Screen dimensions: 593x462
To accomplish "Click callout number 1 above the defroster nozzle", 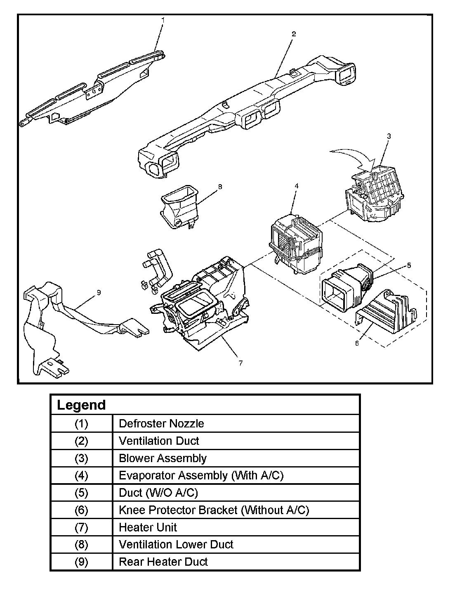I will pos(163,19).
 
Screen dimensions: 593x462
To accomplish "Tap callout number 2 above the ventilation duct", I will pos(294,34).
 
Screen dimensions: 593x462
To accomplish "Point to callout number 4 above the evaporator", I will pos(296,186).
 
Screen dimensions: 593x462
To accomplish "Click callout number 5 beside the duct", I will pos(408,266).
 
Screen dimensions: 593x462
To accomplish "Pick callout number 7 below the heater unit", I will pos(240,363).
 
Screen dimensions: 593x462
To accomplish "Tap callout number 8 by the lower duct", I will pos(220,186).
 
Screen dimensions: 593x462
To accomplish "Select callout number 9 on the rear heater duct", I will pos(99,292).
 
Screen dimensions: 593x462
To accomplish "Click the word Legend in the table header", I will pos(81,405).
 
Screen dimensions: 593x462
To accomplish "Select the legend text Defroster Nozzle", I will pos(161,423).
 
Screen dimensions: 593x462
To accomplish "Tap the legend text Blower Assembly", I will pos(163,458).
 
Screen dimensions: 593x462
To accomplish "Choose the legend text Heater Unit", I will pos(148,527).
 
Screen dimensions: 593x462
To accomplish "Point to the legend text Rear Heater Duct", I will pos(163,562).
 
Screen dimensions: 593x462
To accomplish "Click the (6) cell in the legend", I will pos(81,510).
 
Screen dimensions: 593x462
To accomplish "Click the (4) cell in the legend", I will pos(81,475).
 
